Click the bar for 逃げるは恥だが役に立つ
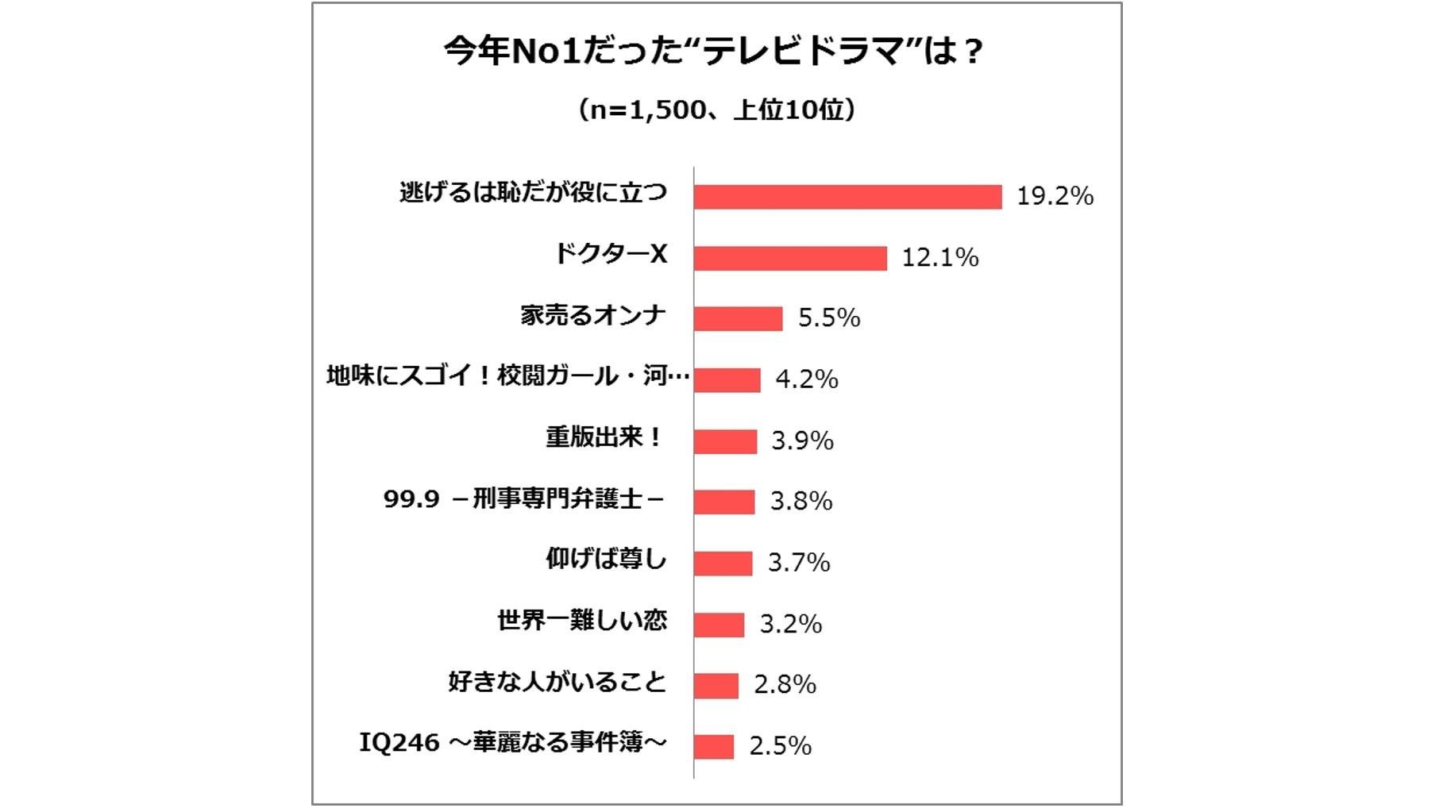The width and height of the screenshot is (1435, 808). click(847, 197)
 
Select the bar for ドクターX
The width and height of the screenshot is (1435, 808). click(790, 258)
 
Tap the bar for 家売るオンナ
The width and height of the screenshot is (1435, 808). click(738, 318)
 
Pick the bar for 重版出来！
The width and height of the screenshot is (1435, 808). click(725, 441)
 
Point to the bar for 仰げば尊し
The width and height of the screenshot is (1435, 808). click(723, 564)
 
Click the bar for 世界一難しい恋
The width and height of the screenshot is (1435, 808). click(719, 625)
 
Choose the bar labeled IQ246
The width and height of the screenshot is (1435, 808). click(713, 747)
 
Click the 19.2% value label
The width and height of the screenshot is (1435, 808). click(1055, 196)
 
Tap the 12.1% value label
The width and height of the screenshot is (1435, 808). click(939, 257)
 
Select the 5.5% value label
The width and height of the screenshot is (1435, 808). click(829, 318)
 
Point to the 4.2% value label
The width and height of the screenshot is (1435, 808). click(806, 379)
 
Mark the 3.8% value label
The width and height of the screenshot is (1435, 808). click(801, 502)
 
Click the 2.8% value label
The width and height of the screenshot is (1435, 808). click(785, 685)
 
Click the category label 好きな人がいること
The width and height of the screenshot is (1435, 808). click(557, 682)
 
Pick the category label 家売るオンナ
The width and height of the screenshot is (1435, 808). click(593, 315)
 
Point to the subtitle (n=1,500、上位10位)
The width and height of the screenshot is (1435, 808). click(716, 110)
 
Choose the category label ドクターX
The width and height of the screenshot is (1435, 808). click(611, 254)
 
